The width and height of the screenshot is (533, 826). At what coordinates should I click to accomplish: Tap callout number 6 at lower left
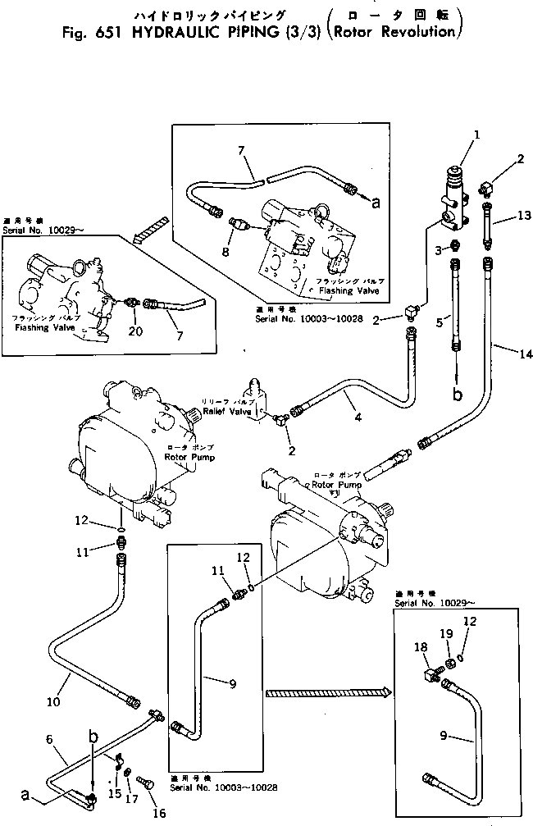[x=50, y=739]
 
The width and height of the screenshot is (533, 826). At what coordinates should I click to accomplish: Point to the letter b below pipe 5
[x=458, y=395]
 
